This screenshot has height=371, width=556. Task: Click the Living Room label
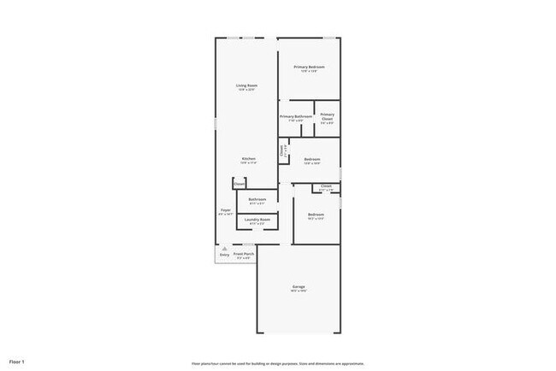[x=247, y=85]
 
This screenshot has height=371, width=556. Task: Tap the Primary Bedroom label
[x=309, y=67]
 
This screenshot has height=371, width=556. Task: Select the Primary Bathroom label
[x=295, y=116]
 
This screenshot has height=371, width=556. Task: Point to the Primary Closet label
[x=328, y=116]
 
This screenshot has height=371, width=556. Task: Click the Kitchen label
[x=248, y=159]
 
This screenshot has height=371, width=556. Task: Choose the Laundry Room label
[x=257, y=220]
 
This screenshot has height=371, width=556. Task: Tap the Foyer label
[x=226, y=209]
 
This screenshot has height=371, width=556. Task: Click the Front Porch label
[x=244, y=253]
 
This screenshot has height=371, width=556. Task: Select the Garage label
[x=299, y=286]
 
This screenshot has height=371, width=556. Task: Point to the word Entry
[x=224, y=255]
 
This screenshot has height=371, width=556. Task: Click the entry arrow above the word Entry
[x=224, y=248]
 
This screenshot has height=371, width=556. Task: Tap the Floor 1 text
[x=16, y=362]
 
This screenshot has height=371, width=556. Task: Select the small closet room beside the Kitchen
[x=240, y=183]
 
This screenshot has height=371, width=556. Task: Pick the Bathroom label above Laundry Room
[x=257, y=199]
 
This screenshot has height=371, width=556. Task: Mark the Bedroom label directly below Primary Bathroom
[x=312, y=159]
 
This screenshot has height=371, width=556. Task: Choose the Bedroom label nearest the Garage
[x=316, y=214]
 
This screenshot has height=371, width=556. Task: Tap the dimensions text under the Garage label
[x=299, y=291]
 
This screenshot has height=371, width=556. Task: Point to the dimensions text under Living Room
[x=247, y=90]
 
